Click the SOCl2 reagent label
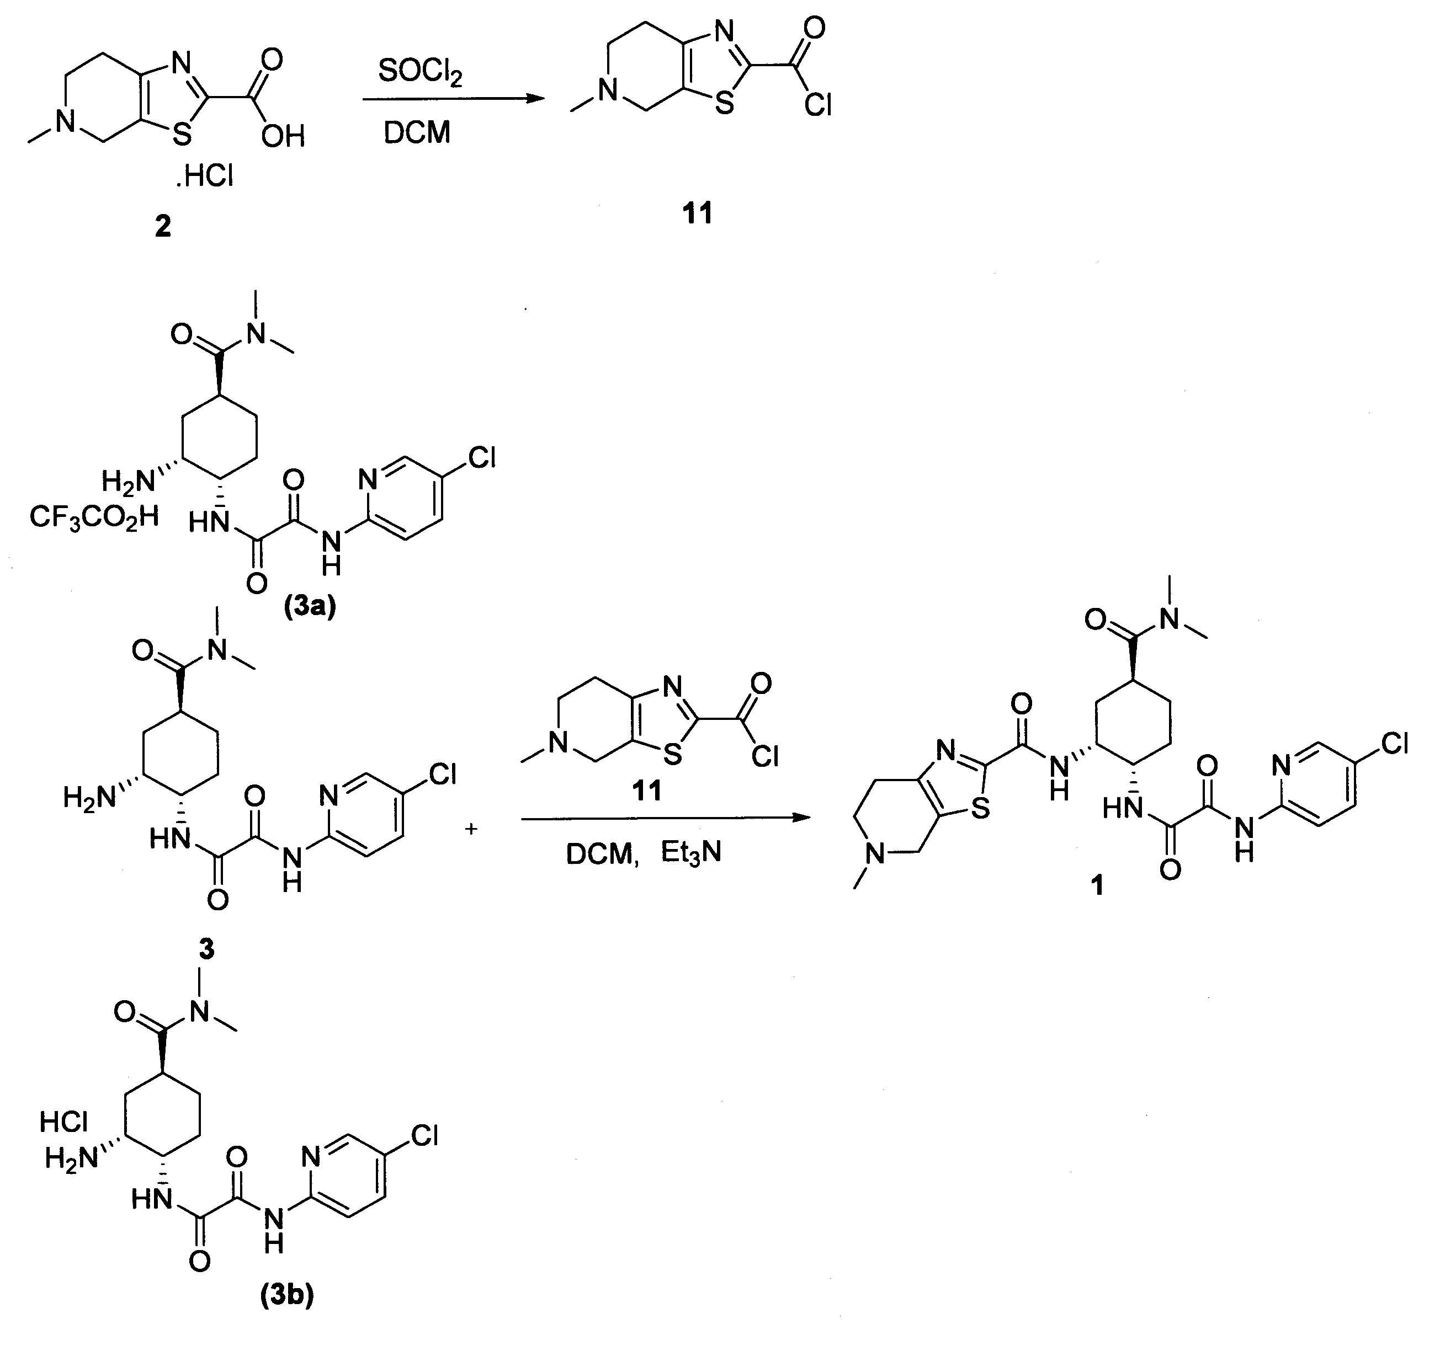(420, 72)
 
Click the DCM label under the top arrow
(417, 132)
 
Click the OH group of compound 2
(283, 135)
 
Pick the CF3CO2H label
(94, 517)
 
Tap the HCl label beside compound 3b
(63, 1122)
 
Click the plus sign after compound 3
(471, 829)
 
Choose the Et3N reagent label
(691, 853)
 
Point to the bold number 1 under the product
(1097, 885)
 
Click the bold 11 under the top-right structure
(698, 213)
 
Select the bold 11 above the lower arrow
(647, 791)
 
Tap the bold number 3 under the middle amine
(207, 948)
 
